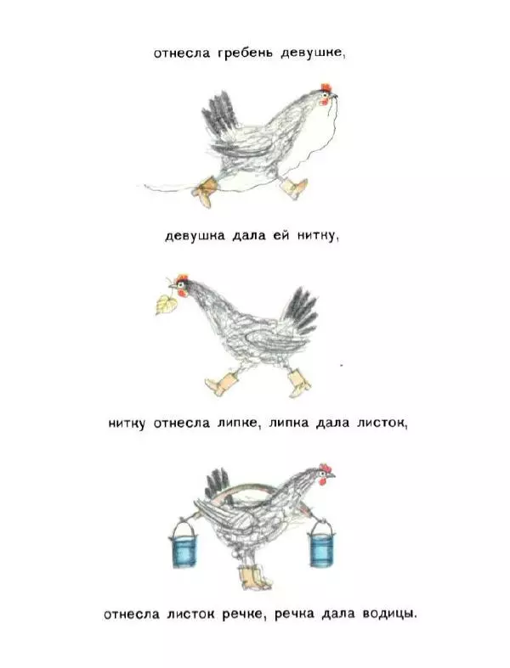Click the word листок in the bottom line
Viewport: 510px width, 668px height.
[x=190, y=614]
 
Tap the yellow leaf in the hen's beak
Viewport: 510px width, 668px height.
[x=166, y=304]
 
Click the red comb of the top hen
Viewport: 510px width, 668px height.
[x=326, y=87]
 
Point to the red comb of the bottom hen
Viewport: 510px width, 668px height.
[x=326, y=468]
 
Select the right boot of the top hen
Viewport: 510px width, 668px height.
[x=294, y=188]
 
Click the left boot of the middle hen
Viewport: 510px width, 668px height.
[x=222, y=383]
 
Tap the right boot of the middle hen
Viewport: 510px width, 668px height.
[x=299, y=383]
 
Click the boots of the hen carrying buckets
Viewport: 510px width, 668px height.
[x=254, y=577]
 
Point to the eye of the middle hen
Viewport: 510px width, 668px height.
[x=182, y=283]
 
